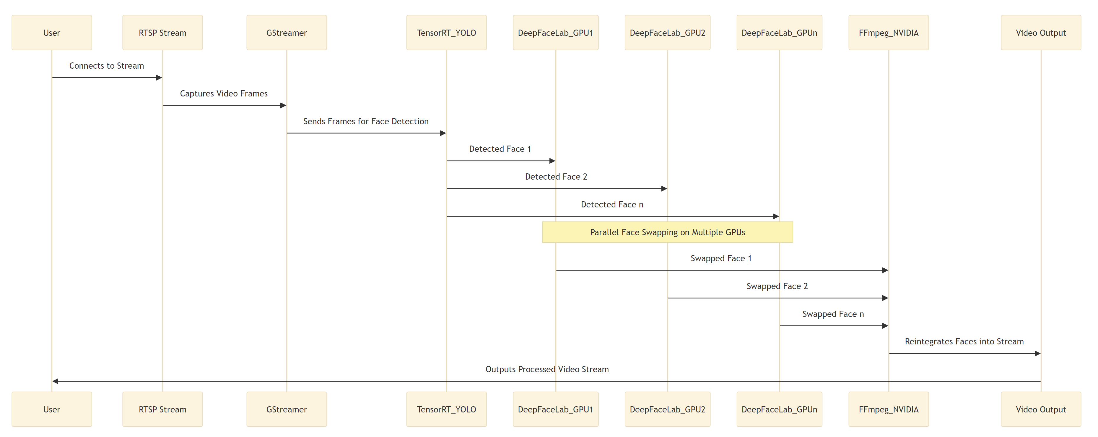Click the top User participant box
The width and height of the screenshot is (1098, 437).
[52, 33]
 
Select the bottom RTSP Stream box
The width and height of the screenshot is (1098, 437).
[162, 409]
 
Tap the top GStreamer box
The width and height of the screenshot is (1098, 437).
[287, 33]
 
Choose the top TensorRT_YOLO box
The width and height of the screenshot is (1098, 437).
[446, 33]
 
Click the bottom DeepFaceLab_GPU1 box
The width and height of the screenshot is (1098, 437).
[555, 409]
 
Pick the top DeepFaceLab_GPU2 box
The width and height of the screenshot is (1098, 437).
[668, 33]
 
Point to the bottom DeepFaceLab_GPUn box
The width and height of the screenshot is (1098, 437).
[779, 409]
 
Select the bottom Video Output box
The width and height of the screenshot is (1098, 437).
[1041, 409]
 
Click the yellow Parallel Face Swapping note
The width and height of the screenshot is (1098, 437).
[668, 232]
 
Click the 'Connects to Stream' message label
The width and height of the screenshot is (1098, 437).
[107, 66]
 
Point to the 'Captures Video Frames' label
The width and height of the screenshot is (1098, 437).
[224, 93]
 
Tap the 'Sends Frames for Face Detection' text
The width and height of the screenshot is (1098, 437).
[366, 121]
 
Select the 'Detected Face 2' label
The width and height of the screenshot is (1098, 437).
[556, 177]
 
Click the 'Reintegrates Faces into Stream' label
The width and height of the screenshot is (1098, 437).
[964, 341]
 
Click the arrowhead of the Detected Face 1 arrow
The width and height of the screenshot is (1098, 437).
[552, 161]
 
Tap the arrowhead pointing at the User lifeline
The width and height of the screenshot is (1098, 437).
[55, 381]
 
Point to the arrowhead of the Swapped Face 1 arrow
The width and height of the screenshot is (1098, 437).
[885, 270]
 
